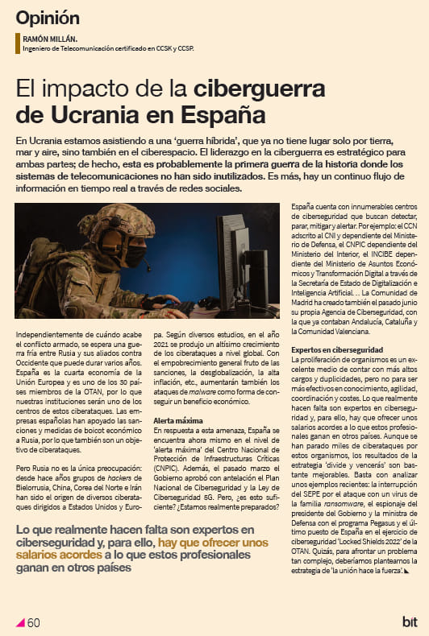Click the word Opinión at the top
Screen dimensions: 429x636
(x=48, y=18)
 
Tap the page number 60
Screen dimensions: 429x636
(x=34, y=622)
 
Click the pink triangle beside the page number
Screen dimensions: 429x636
(x=21, y=622)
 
